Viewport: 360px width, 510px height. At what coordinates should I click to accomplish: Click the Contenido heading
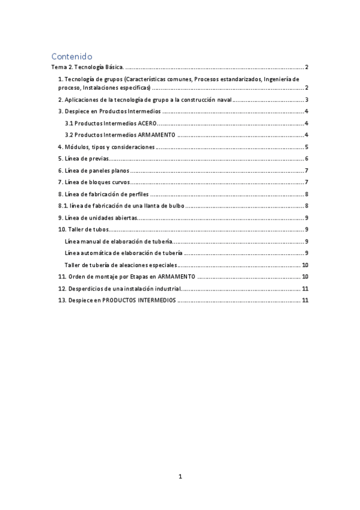pos(73,56)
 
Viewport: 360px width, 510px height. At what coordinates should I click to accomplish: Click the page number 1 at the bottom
pos(180,476)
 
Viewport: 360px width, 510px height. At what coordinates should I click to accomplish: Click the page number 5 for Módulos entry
pos(307,147)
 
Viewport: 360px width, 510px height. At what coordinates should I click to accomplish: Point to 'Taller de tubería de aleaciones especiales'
pos(121,265)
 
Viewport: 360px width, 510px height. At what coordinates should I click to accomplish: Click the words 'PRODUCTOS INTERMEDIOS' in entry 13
pos(139,300)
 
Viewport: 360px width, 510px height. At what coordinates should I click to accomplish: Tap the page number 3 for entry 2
pos(307,100)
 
